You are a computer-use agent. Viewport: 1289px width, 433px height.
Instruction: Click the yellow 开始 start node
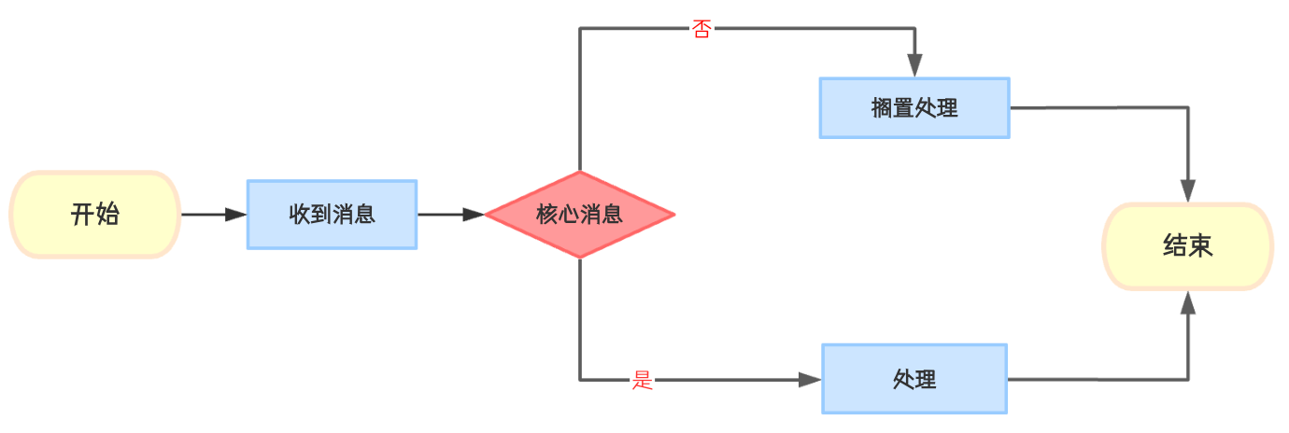click(x=94, y=215)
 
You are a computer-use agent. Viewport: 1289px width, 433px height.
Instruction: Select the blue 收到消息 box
click(x=332, y=215)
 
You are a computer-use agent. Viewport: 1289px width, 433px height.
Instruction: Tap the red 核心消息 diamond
click(x=580, y=215)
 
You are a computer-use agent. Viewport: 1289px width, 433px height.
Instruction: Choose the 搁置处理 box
click(x=914, y=108)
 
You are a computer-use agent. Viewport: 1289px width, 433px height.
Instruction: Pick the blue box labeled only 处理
click(x=914, y=380)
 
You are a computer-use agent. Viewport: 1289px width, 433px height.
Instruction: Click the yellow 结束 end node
click(x=1188, y=246)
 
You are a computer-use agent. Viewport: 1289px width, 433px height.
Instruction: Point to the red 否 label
click(x=701, y=29)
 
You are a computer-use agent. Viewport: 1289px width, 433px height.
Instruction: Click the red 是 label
click(x=643, y=380)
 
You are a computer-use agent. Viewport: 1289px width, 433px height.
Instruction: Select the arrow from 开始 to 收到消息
click(x=213, y=215)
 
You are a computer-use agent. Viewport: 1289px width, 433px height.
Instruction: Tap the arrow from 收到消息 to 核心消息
click(x=450, y=215)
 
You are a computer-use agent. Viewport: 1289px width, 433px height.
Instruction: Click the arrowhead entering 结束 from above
click(x=1188, y=192)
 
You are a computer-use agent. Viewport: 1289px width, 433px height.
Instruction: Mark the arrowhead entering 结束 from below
click(x=1188, y=300)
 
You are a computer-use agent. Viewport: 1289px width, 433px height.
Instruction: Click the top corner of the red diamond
click(x=580, y=173)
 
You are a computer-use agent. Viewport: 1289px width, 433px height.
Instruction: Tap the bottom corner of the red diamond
click(x=580, y=258)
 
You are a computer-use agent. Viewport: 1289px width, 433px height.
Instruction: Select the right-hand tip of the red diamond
click(x=673, y=215)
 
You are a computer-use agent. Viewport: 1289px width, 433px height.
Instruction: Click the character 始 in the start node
click(x=107, y=215)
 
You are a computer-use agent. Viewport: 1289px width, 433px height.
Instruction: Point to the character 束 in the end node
click(x=1201, y=246)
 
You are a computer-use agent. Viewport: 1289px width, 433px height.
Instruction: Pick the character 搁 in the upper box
click(x=882, y=108)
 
